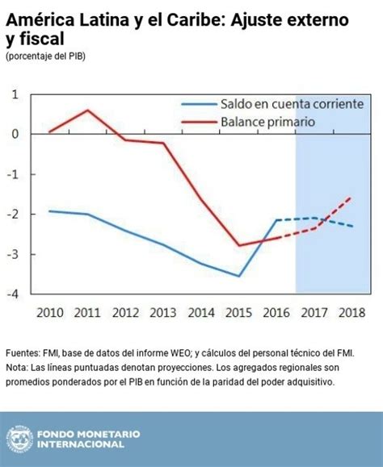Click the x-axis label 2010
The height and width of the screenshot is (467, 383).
click(50, 313)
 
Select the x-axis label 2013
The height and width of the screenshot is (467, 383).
click(163, 313)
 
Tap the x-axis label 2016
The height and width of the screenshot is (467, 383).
click(276, 313)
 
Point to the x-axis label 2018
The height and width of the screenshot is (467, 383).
click(351, 313)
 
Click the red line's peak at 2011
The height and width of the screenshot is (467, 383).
click(88, 110)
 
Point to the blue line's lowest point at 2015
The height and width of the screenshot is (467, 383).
click(239, 276)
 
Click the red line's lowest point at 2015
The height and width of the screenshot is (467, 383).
click(239, 245)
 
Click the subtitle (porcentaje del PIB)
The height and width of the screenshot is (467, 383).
click(45, 56)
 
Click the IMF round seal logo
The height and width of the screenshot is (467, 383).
click(19, 440)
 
